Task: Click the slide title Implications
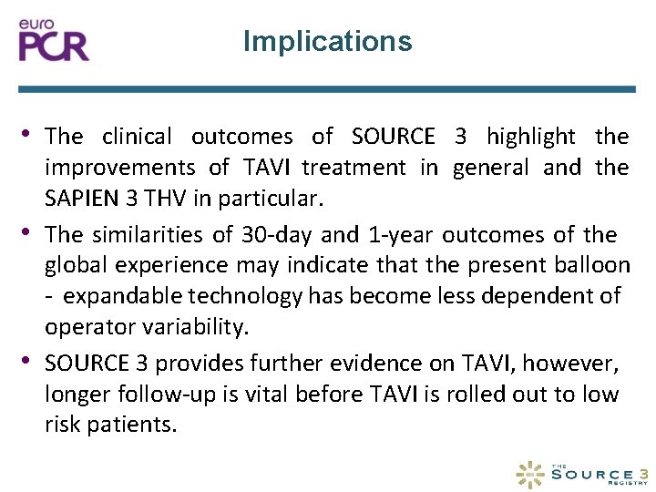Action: click(x=327, y=41)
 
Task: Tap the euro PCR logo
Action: click(x=55, y=41)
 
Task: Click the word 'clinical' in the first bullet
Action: click(x=137, y=137)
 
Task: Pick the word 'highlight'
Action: click(x=531, y=137)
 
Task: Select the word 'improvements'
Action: click(x=120, y=168)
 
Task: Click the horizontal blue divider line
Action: click(x=327, y=89)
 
